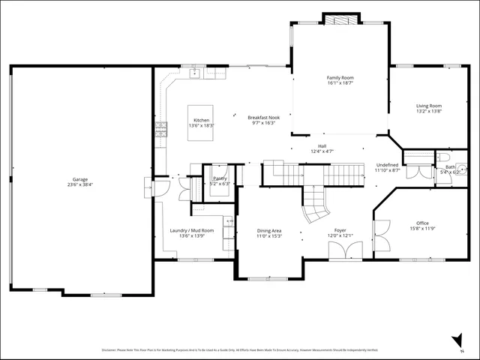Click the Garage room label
pyautogui.click(x=80, y=180)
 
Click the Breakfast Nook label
pyautogui.click(x=264, y=118)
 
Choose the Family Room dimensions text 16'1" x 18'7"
pyautogui.click(x=340, y=83)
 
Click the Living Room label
pyautogui.click(x=429, y=106)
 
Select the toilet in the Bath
pyautogui.click(x=444, y=157)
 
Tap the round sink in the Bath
pyautogui.click(x=461, y=168)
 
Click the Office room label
pyautogui.click(x=423, y=223)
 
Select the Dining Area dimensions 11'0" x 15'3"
pyautogui.click(x=269, y=236)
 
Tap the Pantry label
pyautogui.click(x=220, y=178)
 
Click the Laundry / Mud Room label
pyautogui.click(x=192, y=230)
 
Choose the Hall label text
pyautogui.click(x=322, y=145)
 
